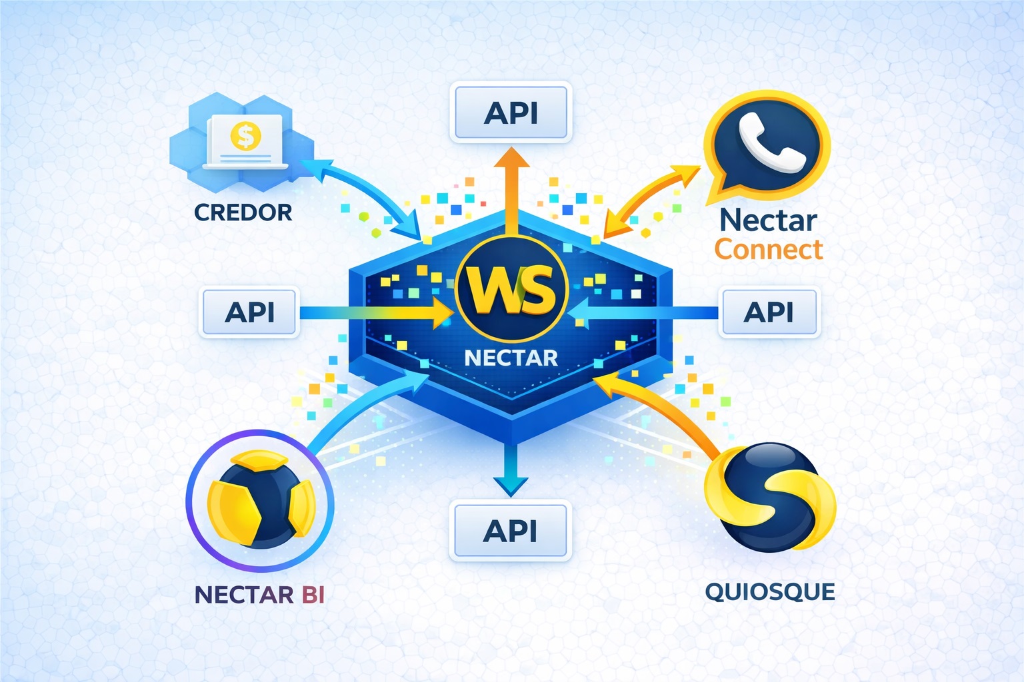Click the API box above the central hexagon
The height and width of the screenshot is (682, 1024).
pyautogui.click(x=511, y=112)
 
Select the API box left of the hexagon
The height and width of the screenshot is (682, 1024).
pyautogui.click(x=250, y=312)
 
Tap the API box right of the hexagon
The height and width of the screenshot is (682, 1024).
pyautogui.click(x=769, y=312)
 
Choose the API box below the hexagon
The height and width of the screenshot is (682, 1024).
pyautogui.click(x=511, y=531)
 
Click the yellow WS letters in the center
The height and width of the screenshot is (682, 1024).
pyautogui.click(x=511, y=290)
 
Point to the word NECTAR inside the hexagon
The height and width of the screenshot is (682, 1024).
pyautogui.click(x=511, y=358)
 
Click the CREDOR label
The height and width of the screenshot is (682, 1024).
pyautogui.click(x=243, y=212)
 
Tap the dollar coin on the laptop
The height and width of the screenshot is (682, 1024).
pyautogui.click(x=245, y=136)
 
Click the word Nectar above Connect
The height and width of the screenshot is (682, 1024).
pyautogui.click(x=768, y=220)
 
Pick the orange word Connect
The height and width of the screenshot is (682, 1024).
pyautogui.click(x=769, y=250)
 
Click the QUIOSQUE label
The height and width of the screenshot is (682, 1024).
pyautogui.click(x=770, y=591)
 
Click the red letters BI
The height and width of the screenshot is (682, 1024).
pyautogui.click(x=313, y=594)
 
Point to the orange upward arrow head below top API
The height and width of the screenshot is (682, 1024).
pyautogui.click(x=511, y=159)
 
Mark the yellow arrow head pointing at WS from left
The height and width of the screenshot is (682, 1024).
pyautogui.click(x=443, y=312)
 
